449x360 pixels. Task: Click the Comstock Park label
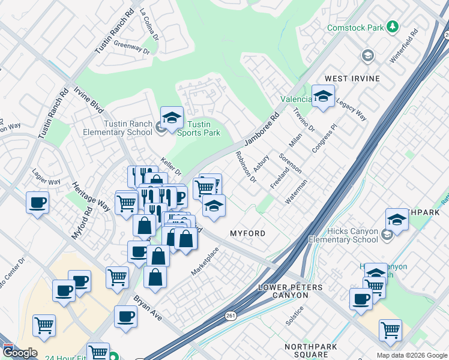point(355,28)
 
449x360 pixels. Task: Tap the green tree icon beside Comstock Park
point(393,27)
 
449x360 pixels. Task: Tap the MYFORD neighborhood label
point(247,233)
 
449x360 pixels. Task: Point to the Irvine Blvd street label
point(88,100)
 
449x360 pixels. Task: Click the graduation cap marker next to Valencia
point(323,97)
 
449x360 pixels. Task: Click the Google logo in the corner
point(19,353)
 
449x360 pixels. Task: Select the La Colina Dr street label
point(149,24)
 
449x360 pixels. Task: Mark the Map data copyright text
point(411,355)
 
